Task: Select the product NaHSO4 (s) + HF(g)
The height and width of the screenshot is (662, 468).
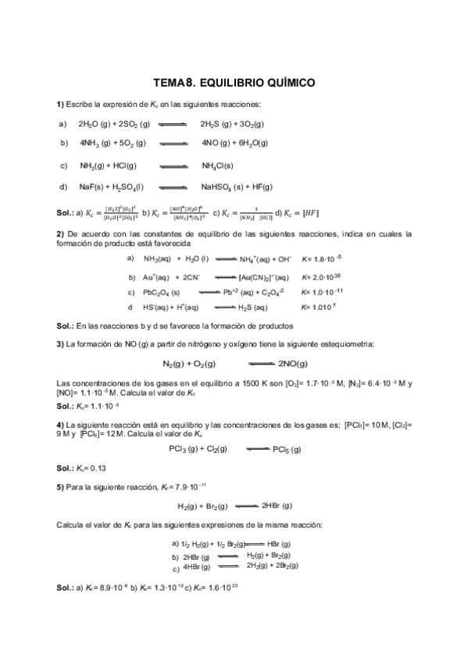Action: [x=236, y=187]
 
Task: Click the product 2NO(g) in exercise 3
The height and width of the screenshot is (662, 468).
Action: [x=291, y=364]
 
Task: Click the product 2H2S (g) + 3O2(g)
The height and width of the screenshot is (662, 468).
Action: [x=232, y=123]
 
